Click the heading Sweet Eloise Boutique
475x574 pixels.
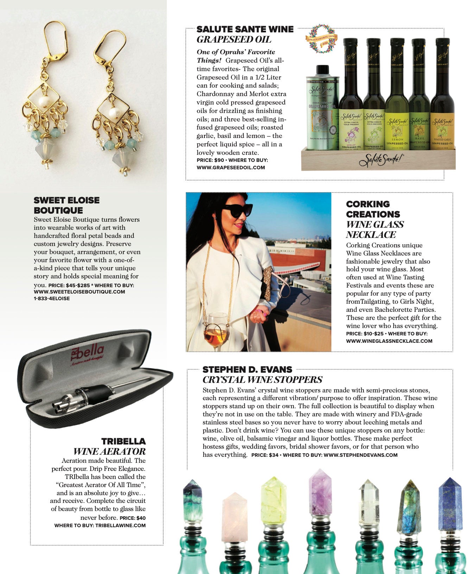(x=66, y=205)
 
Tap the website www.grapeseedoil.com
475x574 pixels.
(x=230, y=168)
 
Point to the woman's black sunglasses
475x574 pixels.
(x=237, y=210)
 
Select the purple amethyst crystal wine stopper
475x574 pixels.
(x=320, y=493)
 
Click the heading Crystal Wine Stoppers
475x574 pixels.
(x=262, y=380)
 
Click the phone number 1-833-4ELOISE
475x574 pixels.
(x=52, y=298)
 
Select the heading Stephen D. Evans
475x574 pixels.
(x=247, y=370)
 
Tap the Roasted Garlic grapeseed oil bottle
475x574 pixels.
(x=442, y=106)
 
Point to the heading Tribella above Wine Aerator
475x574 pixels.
(x=123, y=441)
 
